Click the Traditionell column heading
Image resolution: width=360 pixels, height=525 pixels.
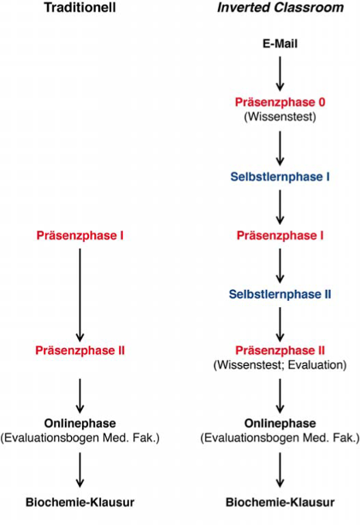(80, 8)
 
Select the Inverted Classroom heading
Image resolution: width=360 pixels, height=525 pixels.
(280, 8)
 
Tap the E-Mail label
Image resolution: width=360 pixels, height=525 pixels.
(280, 44)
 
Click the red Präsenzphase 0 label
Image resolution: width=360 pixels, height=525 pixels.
(280, 102)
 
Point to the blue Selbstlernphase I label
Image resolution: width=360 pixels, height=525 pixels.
(280, 177)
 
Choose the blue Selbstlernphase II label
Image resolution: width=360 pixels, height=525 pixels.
(280, 294)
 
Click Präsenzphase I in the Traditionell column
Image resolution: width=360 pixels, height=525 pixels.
(80, 236)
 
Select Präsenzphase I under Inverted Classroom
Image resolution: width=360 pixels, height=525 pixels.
(280, 236)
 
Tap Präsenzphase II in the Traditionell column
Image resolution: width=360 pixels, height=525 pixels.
(80, 351)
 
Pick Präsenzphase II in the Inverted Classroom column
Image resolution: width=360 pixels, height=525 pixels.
(280, 351)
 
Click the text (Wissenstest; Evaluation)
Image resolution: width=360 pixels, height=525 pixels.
(280, 365)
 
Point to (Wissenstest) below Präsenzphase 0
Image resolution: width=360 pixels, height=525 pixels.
(280, 117)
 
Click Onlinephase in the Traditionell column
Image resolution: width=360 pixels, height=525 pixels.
(80, 423)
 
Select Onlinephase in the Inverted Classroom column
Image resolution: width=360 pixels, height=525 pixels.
(280, 423)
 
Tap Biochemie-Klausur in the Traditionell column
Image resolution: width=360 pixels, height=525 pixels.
(80, 503)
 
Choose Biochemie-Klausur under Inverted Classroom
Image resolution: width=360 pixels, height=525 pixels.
(280, 503)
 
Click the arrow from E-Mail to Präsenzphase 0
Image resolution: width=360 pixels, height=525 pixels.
(280, 74)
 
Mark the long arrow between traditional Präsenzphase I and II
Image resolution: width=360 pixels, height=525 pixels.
(80, 295)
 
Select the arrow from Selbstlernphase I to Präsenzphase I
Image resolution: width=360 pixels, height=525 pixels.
(280, 207)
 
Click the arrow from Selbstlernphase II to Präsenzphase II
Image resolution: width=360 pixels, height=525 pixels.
(280, 324)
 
